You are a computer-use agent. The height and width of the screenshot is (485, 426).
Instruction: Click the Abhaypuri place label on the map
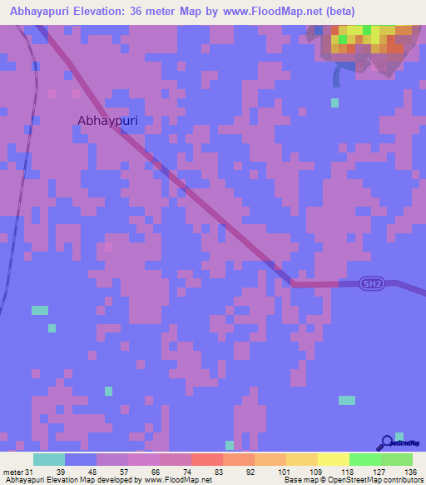click(107, 120)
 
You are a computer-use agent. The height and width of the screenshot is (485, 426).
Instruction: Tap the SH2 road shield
click(371, 284)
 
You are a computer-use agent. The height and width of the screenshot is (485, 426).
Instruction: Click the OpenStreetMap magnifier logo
click(386, 443)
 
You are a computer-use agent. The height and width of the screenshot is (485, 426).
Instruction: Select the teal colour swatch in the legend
click(49, 459)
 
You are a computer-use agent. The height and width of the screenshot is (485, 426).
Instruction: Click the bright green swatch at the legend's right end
click(396, 459)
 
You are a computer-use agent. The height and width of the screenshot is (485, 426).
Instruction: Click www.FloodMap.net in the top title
click(271, 12)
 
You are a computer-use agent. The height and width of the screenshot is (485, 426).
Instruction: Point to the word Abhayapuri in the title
click(42, 12)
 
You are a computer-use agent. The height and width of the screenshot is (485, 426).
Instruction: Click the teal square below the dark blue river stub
click(334, 102)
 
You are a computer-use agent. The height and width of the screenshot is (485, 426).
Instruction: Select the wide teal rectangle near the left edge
click(40, 310)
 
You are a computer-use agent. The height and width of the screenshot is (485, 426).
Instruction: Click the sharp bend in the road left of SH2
click(292, 284)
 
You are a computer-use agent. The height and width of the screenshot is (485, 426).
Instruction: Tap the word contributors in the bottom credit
click(402, 481)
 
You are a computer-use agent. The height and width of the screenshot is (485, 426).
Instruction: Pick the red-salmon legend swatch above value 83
click(207, 459)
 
